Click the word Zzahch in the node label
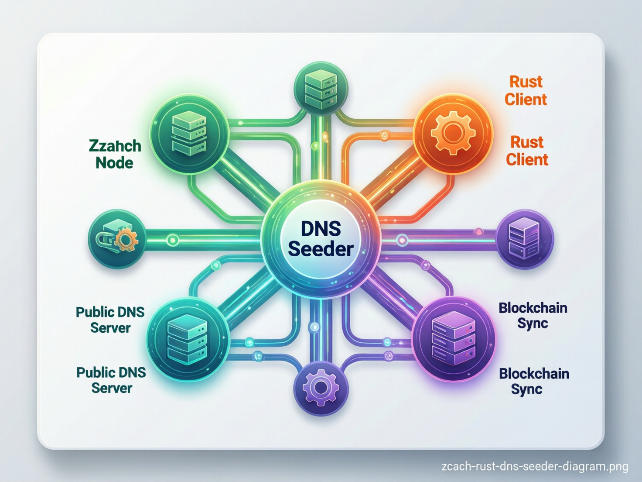[115, 146]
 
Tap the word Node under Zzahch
[114, 163]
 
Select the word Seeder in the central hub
[321, 249]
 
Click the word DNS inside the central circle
[321, 229]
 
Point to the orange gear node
[453, 133]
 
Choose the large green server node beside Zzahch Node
[189, 133]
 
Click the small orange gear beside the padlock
[126, 239]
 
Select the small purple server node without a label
[525, 238]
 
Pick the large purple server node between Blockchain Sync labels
[454, 339]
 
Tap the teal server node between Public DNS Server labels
[188, 339]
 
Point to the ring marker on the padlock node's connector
[173, 240]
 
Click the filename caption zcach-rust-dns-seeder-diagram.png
[535, 466]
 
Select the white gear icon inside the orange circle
[453, 132]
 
